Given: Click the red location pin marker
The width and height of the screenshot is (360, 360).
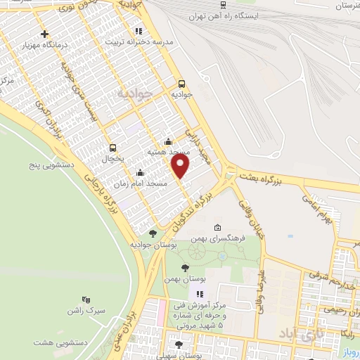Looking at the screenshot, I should [181, 166].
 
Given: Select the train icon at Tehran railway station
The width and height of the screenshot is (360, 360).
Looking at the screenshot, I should [224, 15].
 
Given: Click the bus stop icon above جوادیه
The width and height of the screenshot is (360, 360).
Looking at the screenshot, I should [181, 82].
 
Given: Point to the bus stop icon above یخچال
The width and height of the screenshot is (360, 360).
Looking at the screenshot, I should [112, 148].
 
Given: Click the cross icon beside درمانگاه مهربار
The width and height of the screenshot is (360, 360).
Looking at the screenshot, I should [45, 34].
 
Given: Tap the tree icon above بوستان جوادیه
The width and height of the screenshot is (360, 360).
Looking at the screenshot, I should [153, 233].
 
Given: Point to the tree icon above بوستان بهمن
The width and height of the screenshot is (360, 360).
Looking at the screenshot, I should [185, 268].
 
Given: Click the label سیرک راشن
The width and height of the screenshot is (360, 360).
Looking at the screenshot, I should [86, 310].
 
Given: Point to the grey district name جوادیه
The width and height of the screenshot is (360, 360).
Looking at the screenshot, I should [134, 93].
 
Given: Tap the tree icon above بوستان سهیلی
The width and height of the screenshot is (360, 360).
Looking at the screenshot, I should [178, 345].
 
